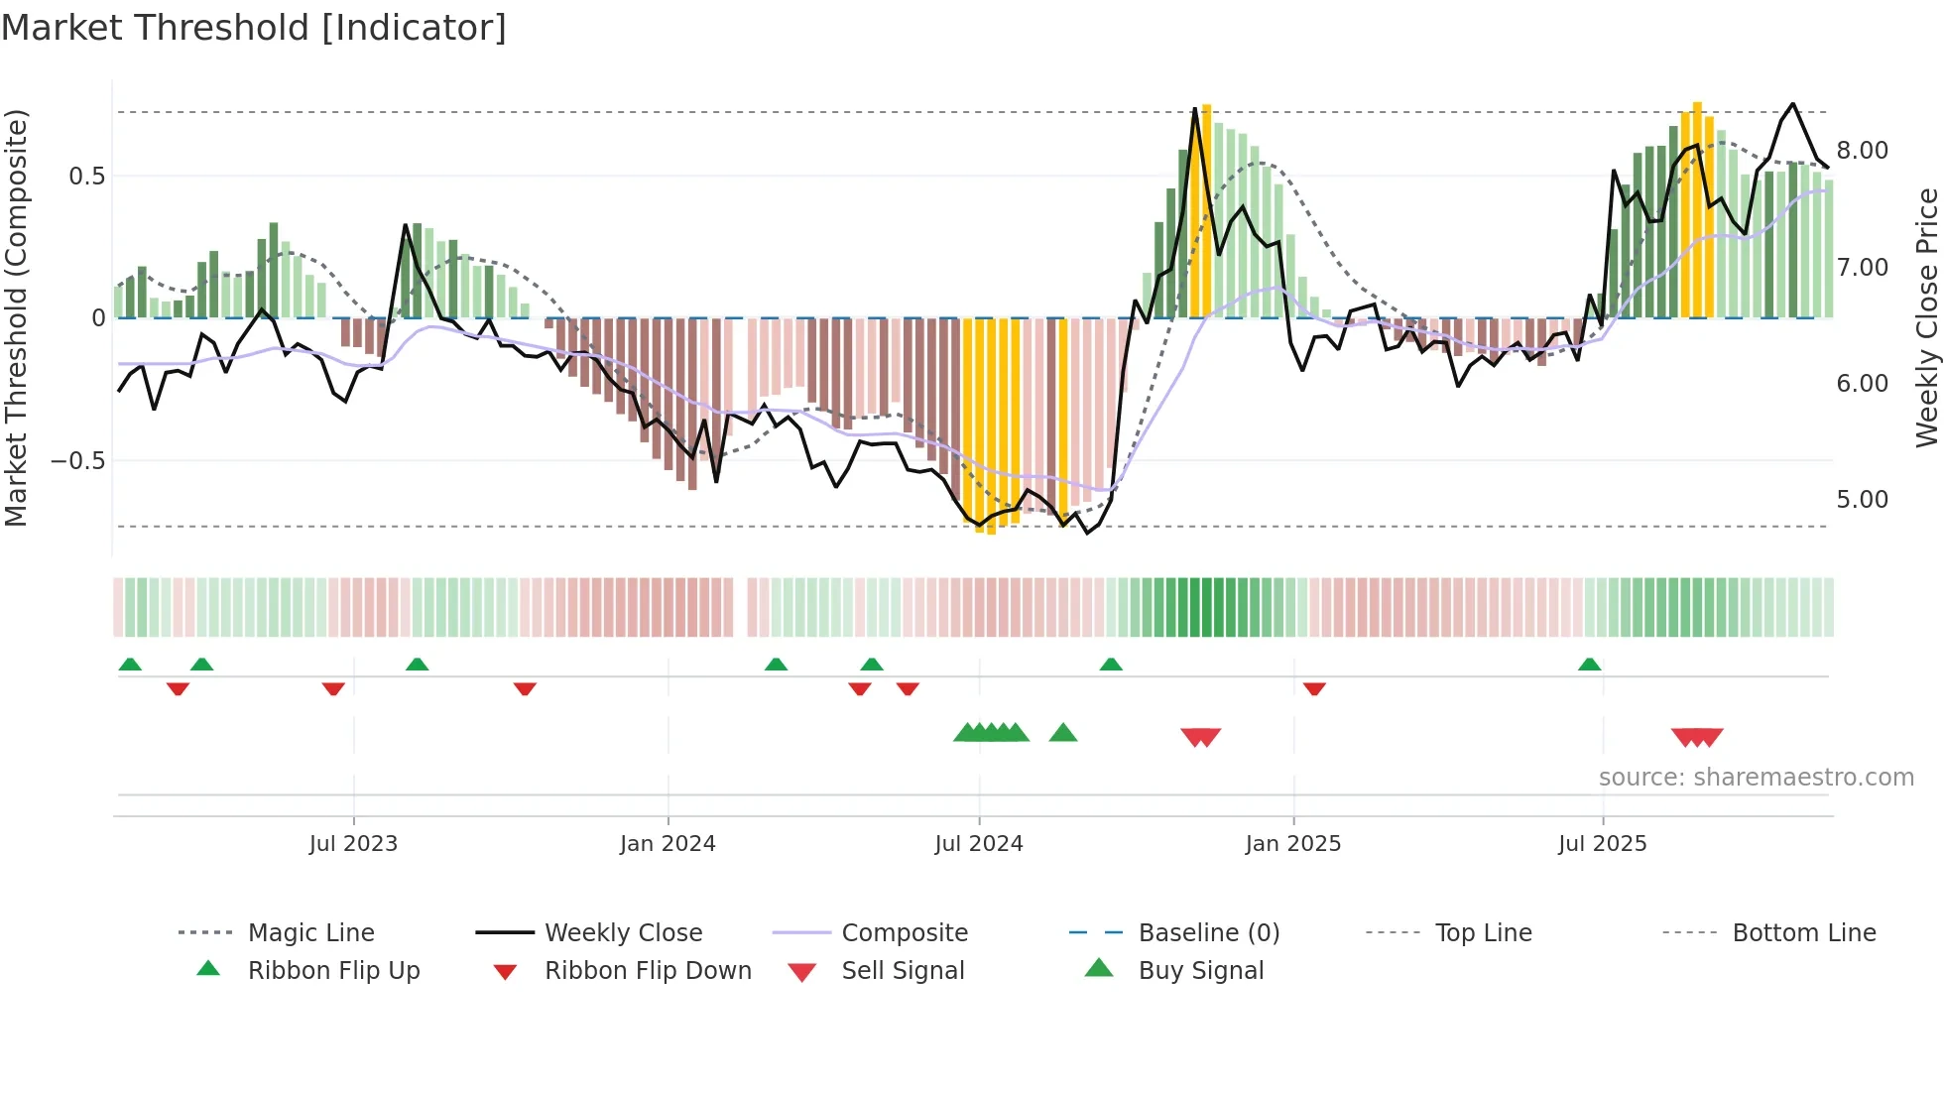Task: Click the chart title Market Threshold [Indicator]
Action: coord(254,28)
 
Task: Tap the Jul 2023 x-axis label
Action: coord(353,844)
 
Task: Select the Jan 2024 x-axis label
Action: coord(668,844)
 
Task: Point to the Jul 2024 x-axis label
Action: coord(979,844)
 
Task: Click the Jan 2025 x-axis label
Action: coord(1293,844)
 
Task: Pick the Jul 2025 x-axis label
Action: coord(1603,844)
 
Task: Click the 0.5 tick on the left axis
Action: coord(87,177)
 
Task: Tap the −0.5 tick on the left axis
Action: coord(78,461)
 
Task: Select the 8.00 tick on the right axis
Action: coord(1863,151)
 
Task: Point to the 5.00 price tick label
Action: coord(1863,500)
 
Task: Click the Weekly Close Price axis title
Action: coord(1926,317)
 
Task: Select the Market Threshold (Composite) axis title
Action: coord(16,317)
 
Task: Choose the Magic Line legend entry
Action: coord(310,933)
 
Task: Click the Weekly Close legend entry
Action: coord(623,933)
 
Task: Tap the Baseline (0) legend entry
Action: coord(1209,933)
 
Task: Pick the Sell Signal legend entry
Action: coord(903,971)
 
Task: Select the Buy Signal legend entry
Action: coord(1201,971)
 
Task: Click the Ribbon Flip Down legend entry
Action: coord(648,971)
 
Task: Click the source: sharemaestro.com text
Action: coord(1756,778)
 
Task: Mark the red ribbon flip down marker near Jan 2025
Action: coord(1314,689)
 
